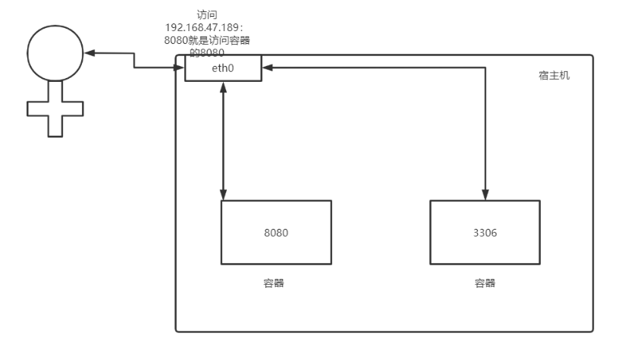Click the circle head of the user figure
(55, 52)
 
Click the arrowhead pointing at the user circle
(89, 53)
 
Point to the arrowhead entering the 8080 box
(224, 195)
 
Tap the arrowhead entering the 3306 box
(485, 195)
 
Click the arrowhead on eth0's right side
(267, 67)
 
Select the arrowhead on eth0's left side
(181, 67)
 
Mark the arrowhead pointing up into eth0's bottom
(224, 86)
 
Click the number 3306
(485, 233)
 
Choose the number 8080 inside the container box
(276, 233)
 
